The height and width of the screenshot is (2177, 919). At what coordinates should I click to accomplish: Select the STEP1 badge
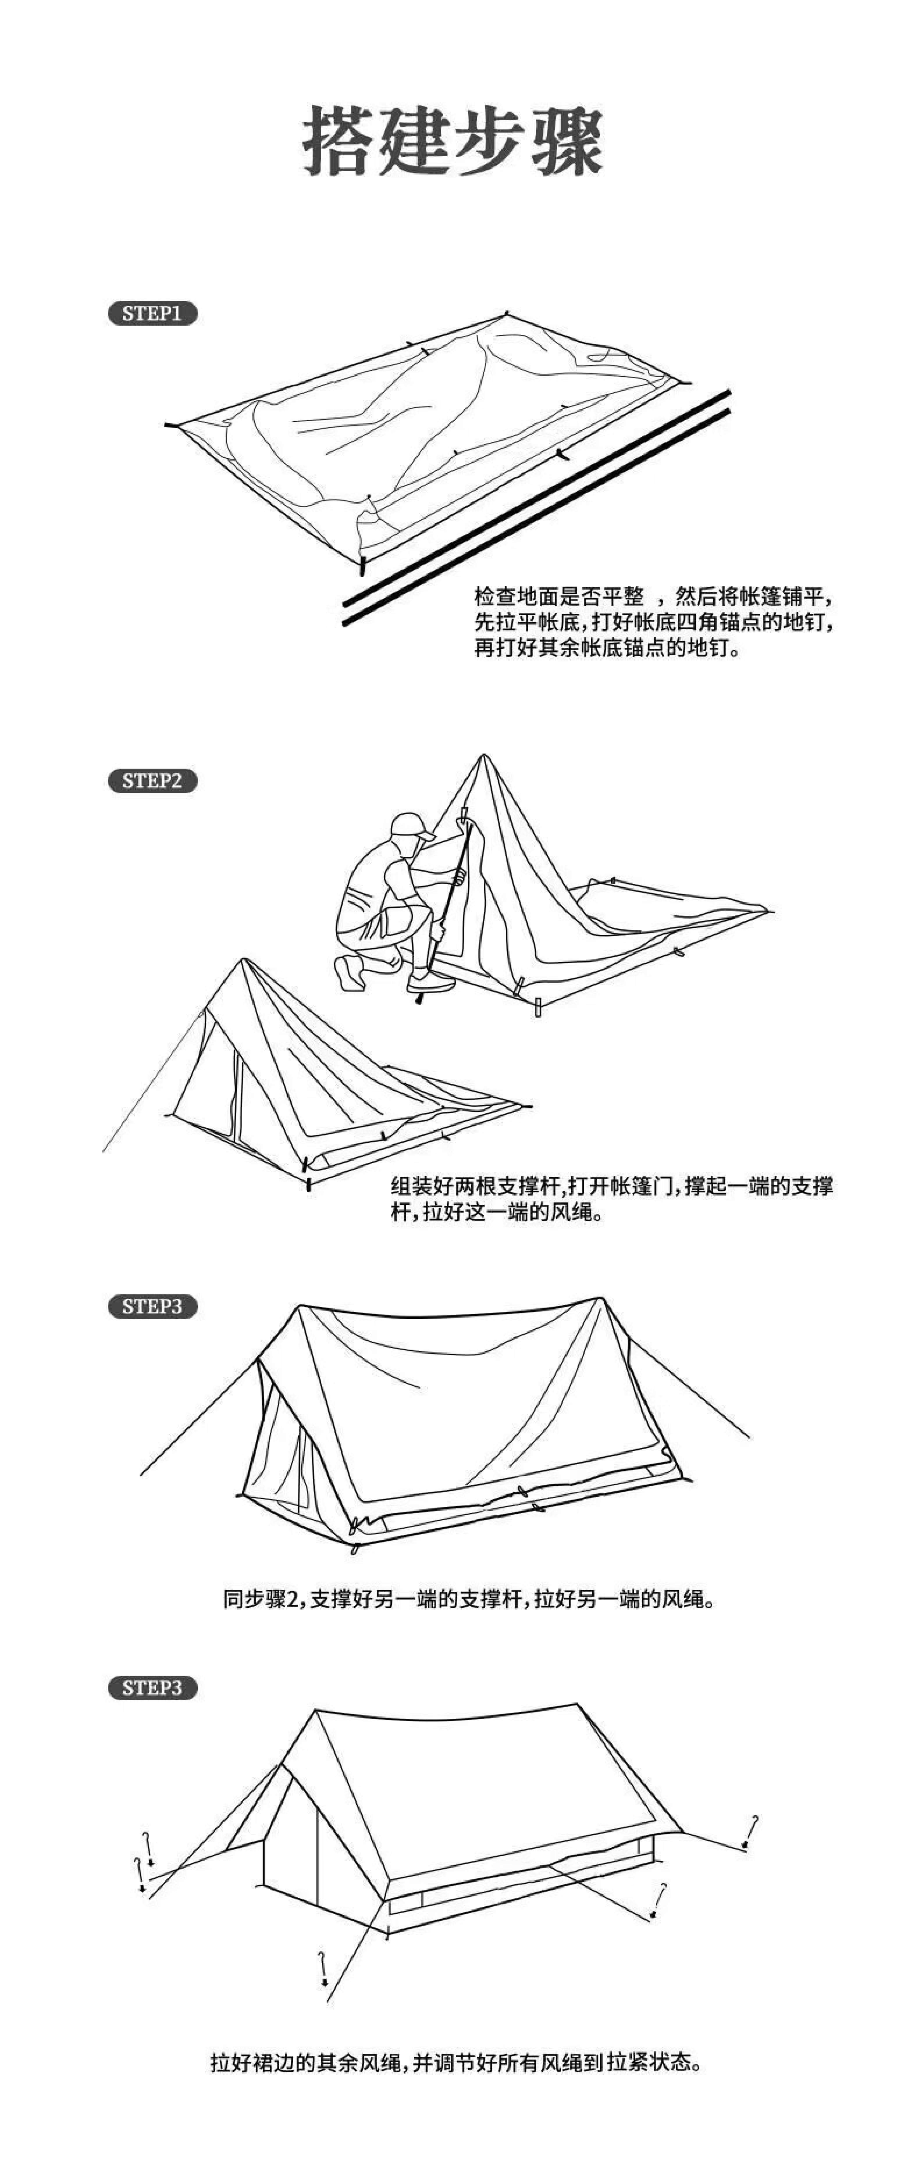pos(152,314)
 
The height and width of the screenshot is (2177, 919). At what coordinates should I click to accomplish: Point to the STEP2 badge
pos(152,781)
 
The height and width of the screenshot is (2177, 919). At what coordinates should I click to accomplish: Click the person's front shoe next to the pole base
pos(429,982)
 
